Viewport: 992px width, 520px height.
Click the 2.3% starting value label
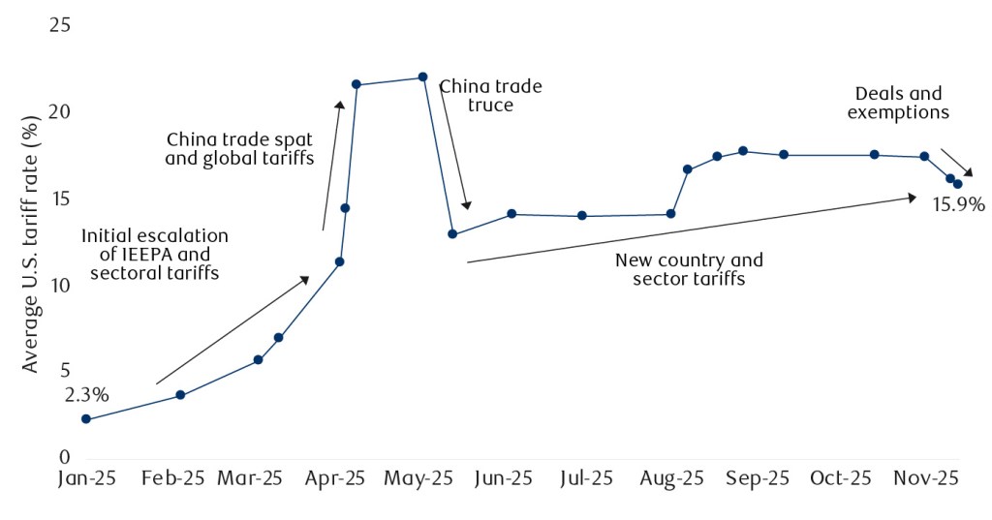tap(86, 395)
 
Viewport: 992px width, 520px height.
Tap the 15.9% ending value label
tap(958, 204)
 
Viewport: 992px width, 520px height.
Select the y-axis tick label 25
tap(60, 25)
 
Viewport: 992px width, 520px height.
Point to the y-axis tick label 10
tap(60, 286)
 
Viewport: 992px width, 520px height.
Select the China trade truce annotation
tap(490, 95)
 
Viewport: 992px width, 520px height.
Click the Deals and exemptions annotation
tap(898, 103)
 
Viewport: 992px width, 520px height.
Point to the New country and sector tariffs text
tap(689, 269)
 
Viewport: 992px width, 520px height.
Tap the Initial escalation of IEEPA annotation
tap(154, 254)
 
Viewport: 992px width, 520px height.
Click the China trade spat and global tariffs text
tap(239, 148)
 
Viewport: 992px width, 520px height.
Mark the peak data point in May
tap(422, 77)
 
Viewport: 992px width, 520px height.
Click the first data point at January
tap(86, 419)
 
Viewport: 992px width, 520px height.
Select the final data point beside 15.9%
tap(958, 184)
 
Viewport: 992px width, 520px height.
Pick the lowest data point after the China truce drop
tap(452, 234)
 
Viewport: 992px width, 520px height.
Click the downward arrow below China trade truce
tap(455, 145)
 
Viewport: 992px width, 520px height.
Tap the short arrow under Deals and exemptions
tap(956, 162)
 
